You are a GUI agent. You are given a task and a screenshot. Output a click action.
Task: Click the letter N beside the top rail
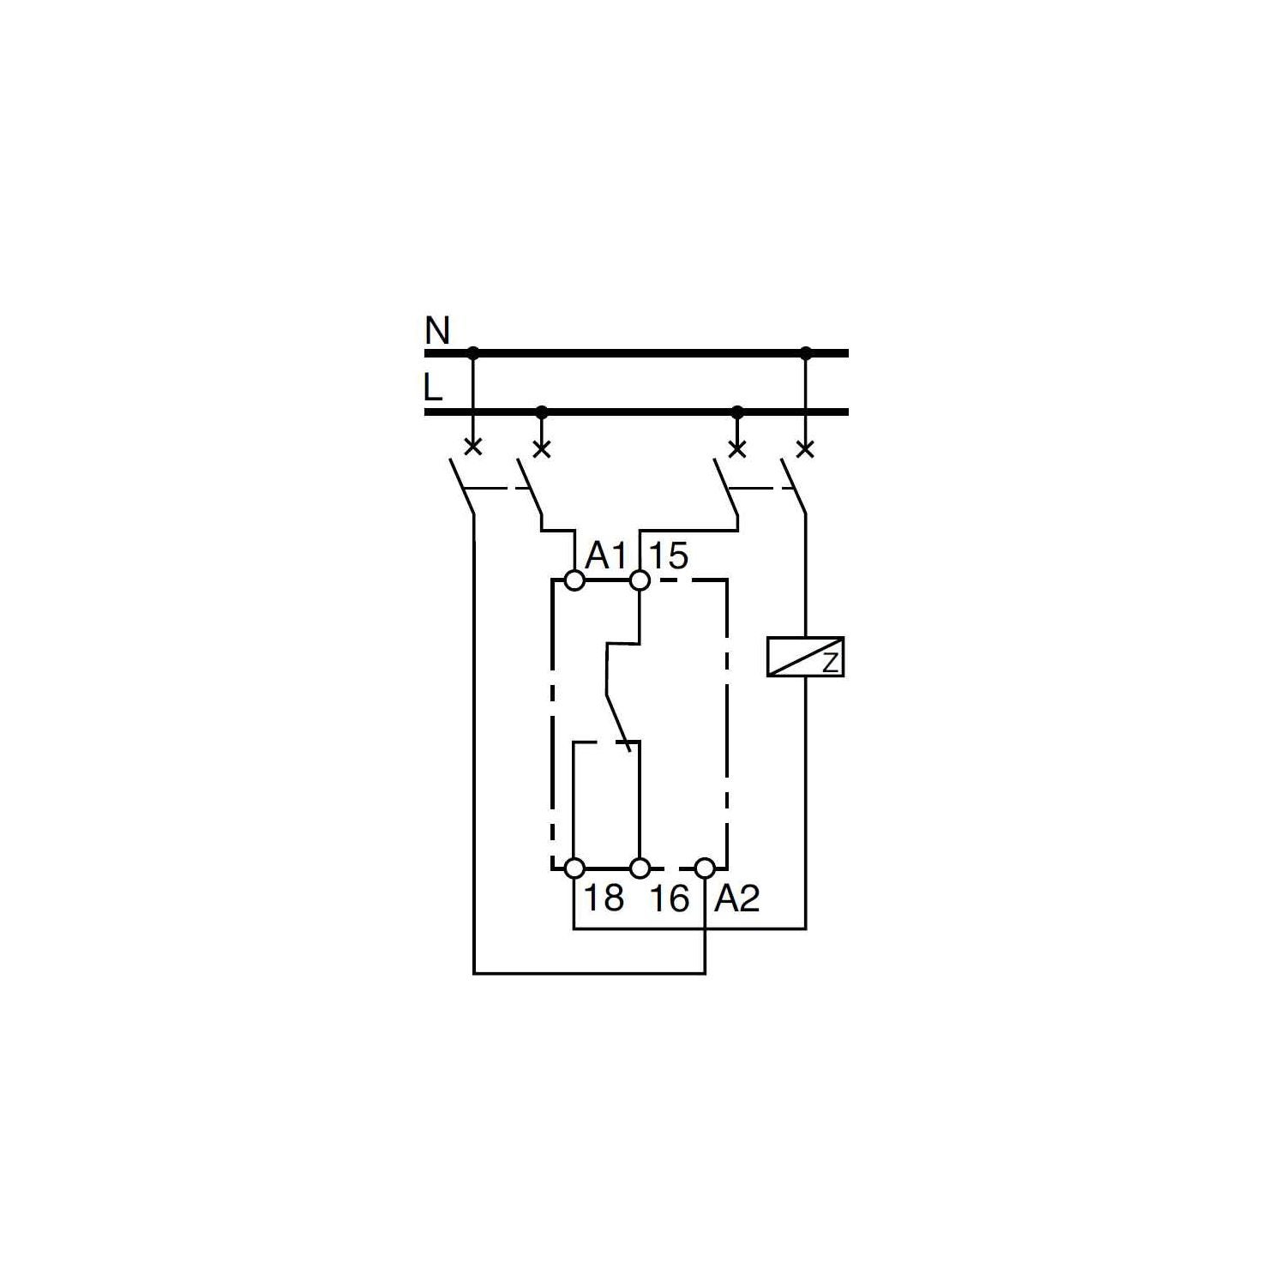(437, 331)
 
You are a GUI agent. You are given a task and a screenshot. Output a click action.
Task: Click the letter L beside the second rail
(434, 388)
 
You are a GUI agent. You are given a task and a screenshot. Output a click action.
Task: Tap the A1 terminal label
(607, 557)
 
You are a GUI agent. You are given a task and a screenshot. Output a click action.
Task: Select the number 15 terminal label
(669, 556)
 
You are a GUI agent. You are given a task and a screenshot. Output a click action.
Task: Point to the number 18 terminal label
(604, 898)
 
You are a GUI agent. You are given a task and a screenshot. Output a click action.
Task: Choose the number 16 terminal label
(669, 898)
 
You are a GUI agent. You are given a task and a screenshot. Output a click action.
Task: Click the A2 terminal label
(737, 898)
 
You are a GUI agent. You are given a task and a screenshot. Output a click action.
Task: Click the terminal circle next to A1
(574, 581)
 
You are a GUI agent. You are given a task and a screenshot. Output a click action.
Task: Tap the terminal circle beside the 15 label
(640, 581)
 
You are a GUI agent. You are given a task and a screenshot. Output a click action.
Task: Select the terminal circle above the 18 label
(574, 868)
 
